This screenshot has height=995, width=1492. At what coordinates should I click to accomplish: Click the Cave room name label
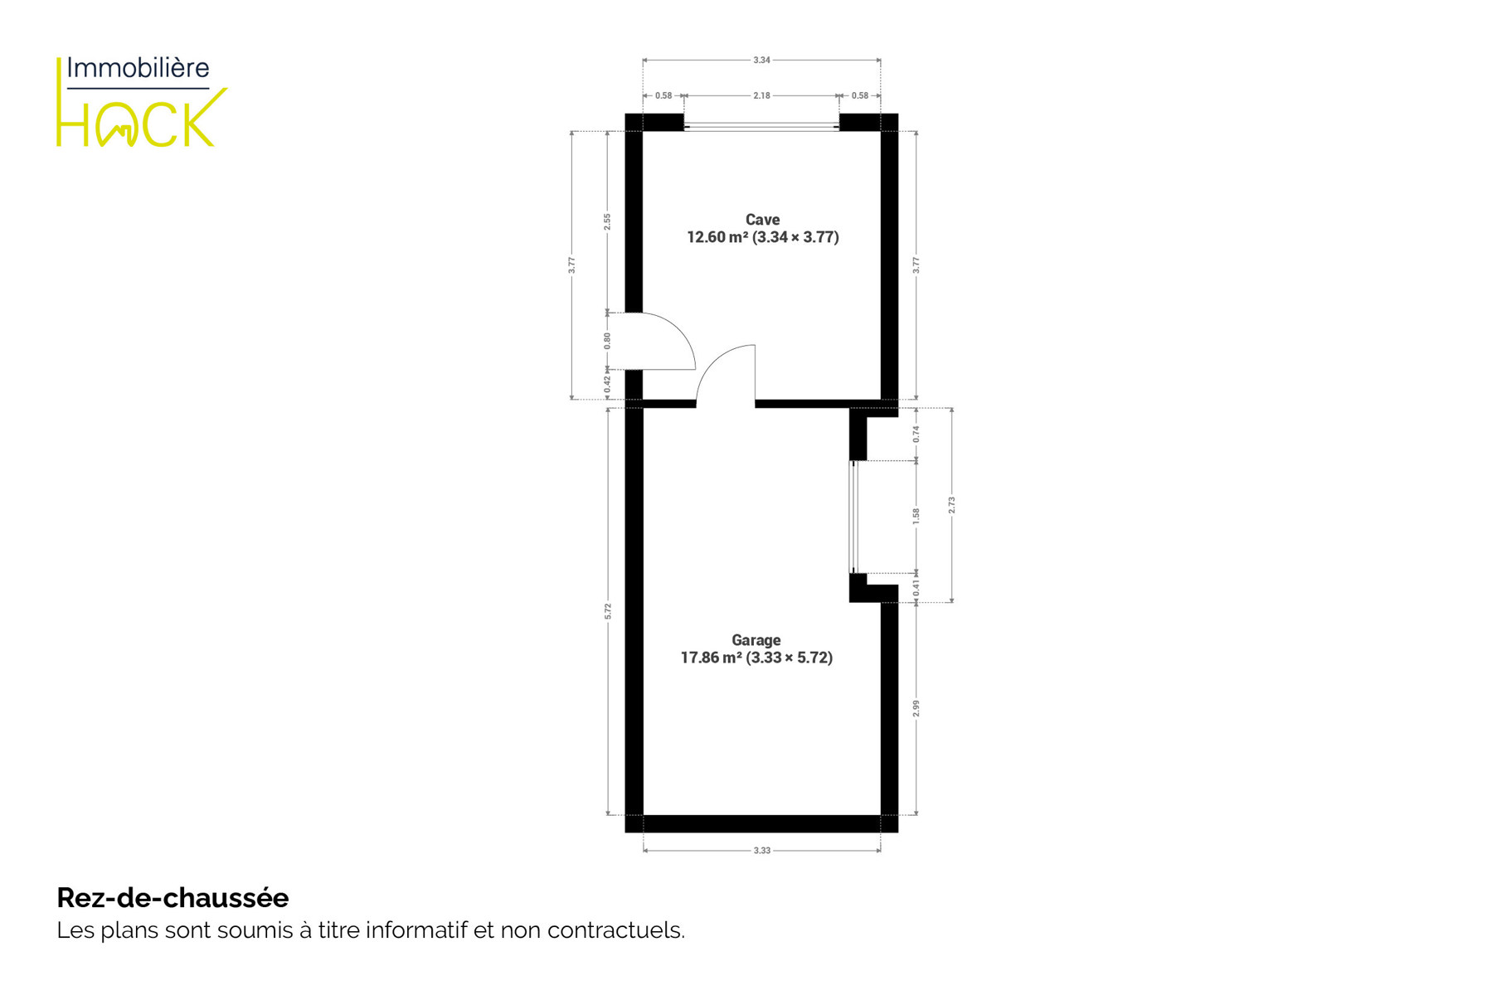tap(762, 220)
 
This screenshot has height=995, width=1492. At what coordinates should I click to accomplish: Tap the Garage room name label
tap(756, 640)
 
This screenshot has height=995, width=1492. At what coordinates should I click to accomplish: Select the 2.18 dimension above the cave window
tap(761, 96)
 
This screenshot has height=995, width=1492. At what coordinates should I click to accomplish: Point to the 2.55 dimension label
tap(607, 221)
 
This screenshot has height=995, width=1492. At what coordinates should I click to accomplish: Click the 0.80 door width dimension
tap(607, 340)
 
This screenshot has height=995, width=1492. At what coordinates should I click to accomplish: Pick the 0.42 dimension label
tap(607, 384)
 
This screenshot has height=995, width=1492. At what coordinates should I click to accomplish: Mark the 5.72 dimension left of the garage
tap(607, 611)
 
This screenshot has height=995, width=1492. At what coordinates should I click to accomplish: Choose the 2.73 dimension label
tap(951, 505)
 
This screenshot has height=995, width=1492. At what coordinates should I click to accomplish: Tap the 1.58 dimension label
tap(916, 517)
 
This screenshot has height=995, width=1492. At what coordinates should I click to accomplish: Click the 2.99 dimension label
tap(916, 708)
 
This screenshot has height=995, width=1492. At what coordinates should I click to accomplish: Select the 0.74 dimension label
tap(916, 434)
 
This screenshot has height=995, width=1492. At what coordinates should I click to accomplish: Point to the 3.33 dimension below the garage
tap(761, 850)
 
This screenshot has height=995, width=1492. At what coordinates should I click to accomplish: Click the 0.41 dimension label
tap(916, 587)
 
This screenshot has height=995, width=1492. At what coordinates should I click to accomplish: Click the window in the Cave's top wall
tap(761, 127)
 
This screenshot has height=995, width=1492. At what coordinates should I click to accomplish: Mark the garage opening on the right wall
tap(853, 517)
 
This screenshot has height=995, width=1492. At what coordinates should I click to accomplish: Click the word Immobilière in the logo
tap(138, 68)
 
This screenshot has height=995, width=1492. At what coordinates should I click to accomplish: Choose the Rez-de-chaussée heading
tap(173, 897)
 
